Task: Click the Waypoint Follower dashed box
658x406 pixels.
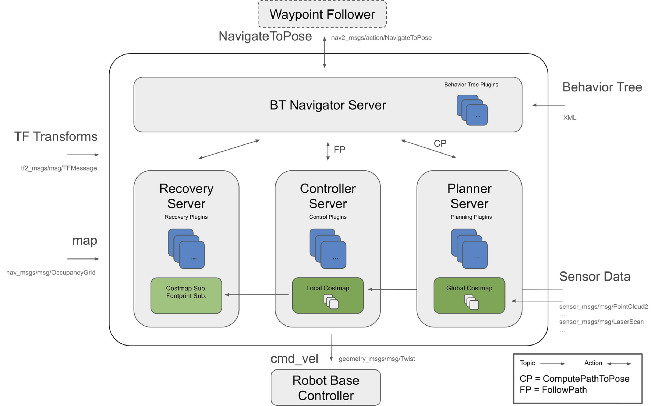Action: pos(322,14)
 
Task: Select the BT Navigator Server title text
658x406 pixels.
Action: pos(328,105)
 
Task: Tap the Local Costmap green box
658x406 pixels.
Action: pos(328,295)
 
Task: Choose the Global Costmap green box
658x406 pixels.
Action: pos(469,295)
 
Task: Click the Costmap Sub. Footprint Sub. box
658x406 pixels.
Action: pos(186,295)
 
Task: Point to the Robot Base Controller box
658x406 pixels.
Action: pos(326,388)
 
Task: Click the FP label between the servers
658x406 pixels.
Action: pos(339,150)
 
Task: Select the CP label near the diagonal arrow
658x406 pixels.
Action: pos(440,143)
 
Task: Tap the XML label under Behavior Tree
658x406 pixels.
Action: pos(570,118)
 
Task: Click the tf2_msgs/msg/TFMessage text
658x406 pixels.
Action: pos(59,168)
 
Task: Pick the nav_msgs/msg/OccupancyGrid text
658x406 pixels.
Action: pos(51,273)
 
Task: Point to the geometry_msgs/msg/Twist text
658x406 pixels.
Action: pos(377,359)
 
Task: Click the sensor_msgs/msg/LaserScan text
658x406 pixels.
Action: pos(601,322)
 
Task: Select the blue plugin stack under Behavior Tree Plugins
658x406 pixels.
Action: pos(472,110)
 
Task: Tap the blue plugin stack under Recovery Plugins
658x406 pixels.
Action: pos(186,249)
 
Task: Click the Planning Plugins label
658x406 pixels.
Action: pos(471,217)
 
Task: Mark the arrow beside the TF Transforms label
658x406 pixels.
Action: pos(83,155)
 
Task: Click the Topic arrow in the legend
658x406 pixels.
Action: pos(552,364)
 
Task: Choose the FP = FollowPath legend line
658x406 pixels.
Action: pos(553,390)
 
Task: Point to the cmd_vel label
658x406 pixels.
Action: pos(294,359)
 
